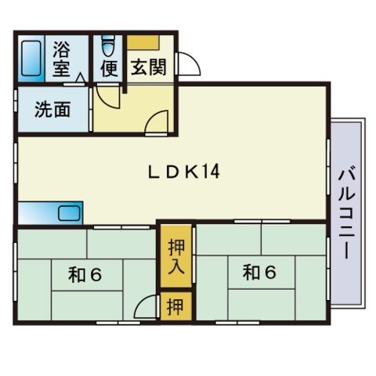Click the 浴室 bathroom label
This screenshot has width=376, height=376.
tap(61, 59)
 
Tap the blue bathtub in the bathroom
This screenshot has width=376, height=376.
tap(31, 59)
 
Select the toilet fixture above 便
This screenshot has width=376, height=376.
tap(108, 44)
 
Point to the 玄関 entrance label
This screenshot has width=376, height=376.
tap(147, 67)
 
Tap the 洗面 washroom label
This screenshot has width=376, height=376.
tap(52, 110)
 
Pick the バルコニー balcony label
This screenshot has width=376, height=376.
tap(345, 213)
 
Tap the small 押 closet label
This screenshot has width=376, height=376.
tap(175, 306)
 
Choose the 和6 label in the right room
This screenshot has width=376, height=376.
tap(259, 272)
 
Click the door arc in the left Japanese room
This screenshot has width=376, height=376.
tap(145, 308)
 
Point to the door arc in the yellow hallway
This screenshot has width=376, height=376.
tap(157, 121)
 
